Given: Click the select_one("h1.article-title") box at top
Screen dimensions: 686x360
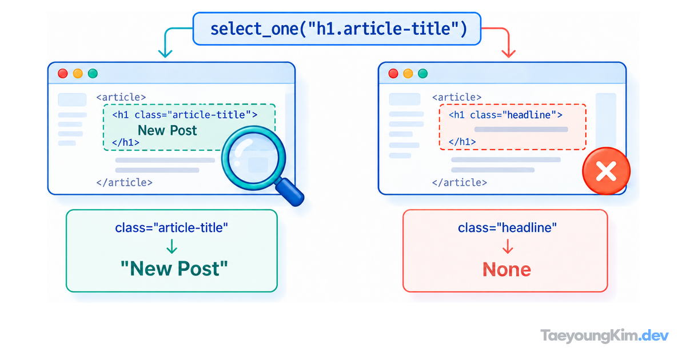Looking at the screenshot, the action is coord(337,29).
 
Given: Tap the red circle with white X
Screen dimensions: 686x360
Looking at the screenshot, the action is coord(607,171).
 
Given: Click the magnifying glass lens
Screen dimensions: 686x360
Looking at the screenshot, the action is coord(254,158).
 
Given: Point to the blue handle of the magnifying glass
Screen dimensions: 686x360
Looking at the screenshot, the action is coord(290,192).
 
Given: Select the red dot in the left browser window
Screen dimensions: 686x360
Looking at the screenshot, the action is coord(63,74).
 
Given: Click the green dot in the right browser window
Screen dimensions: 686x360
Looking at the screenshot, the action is coord(423,74).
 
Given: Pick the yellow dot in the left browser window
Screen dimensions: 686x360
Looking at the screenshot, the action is coord(78,74).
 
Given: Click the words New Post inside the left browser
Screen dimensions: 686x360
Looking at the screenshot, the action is coord(167,130).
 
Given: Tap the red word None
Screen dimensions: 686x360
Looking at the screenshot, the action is coord(507,269).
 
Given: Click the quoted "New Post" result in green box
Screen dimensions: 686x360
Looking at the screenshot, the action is coord(174,269).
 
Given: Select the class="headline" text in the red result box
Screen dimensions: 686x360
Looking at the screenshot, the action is coord(507,228).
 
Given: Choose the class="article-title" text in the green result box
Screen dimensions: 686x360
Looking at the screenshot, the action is coord(171,228).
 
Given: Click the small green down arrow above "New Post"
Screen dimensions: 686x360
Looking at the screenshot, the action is coord(172,246).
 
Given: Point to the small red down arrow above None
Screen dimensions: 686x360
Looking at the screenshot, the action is coord(508,246).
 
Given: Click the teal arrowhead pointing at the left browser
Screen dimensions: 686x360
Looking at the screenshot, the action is coord(165,54).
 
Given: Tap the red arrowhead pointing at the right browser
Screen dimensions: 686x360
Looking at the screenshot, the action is coord(509,54).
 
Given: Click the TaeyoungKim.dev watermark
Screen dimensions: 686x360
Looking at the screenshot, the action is coord(604,336).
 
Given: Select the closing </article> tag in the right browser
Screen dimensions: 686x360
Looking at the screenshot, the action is coord(460,183).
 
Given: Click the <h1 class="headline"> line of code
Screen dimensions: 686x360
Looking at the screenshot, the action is coord(505,115).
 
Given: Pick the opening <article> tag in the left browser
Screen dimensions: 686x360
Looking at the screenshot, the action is coord(121,97).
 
